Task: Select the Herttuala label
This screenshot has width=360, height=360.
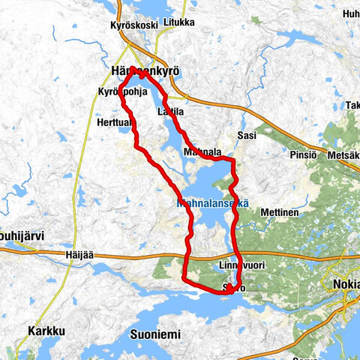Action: click(x=115, y=122)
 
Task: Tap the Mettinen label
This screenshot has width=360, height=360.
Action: click(x=280, y=212)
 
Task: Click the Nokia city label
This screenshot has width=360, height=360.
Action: click(x=344, y=286)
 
